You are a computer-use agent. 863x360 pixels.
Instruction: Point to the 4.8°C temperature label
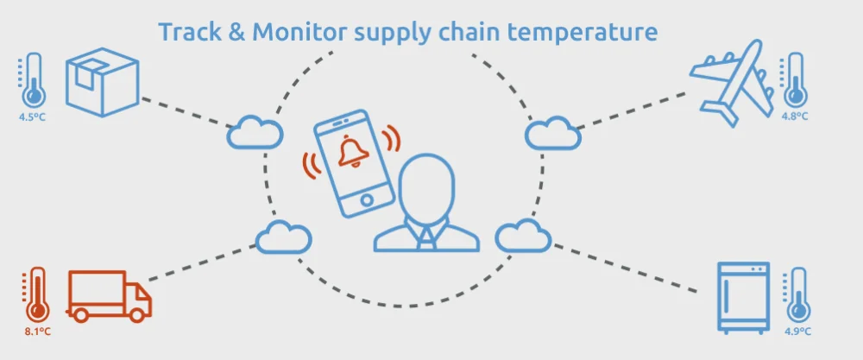point(793,115)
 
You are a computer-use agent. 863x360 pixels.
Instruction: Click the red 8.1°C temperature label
point(36,331)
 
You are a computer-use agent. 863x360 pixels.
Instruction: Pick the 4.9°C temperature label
point(797,331)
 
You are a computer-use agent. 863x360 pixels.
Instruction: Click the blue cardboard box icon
point(102,82)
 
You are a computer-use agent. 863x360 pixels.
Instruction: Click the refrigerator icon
point(743,297)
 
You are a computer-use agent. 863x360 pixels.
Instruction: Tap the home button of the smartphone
point(367,200)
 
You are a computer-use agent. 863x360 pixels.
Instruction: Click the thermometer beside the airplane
point(793,81)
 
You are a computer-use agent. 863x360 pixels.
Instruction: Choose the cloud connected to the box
point(255,132)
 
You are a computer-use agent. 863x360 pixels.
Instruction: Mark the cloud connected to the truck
point(284,235)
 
